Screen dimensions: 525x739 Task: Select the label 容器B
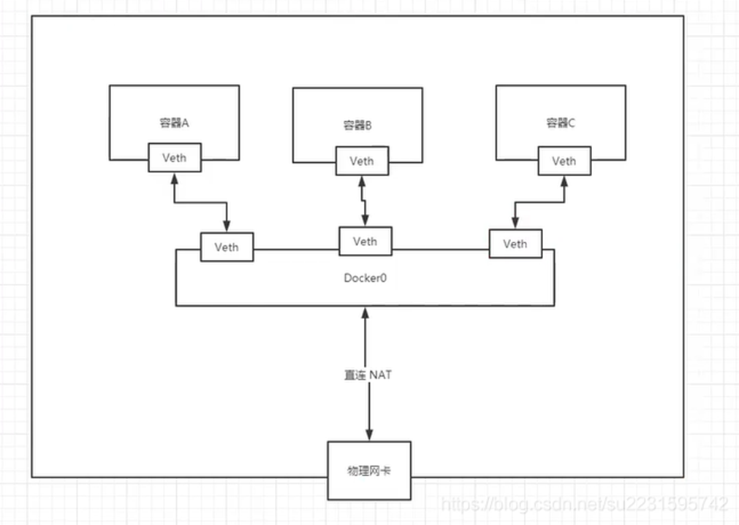357,126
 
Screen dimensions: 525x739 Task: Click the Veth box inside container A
175,158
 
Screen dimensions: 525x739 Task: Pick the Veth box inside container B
362,161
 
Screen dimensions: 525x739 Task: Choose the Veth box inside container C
564,161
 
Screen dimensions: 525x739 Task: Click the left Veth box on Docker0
227,247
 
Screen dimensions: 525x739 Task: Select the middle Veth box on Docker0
365,241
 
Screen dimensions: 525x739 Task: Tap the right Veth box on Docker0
515,244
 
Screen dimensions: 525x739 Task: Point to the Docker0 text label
364,278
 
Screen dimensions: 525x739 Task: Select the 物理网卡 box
368,470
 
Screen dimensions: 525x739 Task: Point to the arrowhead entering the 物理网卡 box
368,435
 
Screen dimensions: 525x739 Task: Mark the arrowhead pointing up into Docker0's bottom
365,313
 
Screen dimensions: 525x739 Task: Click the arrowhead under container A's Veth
175,178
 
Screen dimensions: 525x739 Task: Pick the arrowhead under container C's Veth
564,181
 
